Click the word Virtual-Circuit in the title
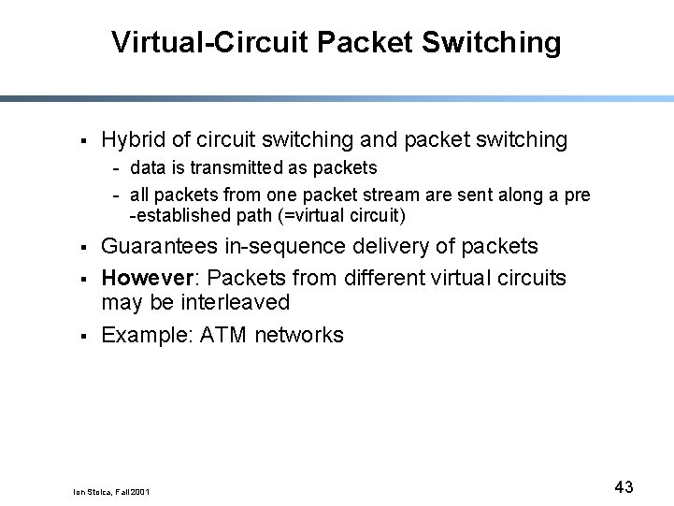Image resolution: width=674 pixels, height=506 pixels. tap(209, 42)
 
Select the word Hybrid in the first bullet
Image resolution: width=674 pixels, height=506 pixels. tap(134, 140)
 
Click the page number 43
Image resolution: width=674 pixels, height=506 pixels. tap(624, 486)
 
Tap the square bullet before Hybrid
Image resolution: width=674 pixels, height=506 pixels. tap(83, 141)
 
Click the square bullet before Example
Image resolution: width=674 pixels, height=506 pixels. tap(83, 336)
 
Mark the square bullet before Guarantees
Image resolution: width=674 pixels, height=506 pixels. tap(83, 247)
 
